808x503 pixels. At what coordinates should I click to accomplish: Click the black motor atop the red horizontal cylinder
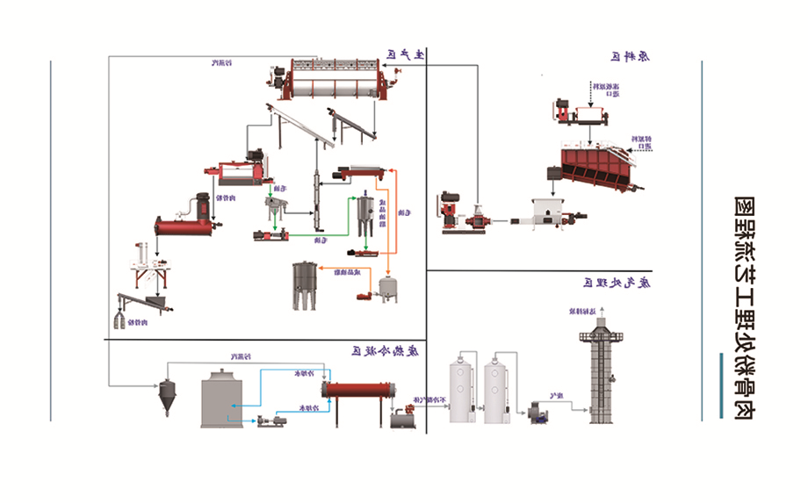coord(202,205)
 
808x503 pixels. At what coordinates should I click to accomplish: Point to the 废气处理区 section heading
coord(615,282)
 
